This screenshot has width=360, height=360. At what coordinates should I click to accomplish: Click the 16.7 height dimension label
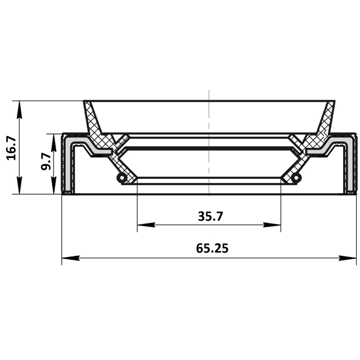click(11, 148)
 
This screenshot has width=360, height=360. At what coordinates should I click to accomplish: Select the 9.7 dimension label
click(46, 161)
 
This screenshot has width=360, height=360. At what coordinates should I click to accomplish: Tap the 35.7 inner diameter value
click(210, 216)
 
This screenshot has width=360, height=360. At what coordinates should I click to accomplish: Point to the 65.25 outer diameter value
click(212, 248)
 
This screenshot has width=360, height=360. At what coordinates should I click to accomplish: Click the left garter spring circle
click(121, 178)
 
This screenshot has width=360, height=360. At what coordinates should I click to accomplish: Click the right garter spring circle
click(296, 178)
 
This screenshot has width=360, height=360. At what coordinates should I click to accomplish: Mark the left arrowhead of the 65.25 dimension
click(71, 258)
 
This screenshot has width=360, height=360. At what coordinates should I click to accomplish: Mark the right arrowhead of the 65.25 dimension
click(348, 258)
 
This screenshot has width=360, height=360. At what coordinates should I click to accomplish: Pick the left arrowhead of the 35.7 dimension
click(146, 225)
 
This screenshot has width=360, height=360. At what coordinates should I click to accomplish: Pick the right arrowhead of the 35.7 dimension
click(272, 225)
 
